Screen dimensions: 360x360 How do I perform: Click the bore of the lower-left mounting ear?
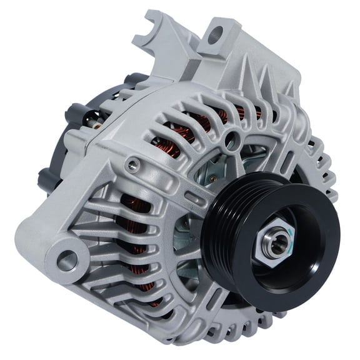tap(66, 259)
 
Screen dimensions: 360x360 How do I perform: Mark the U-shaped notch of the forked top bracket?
tap(151, 29)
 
